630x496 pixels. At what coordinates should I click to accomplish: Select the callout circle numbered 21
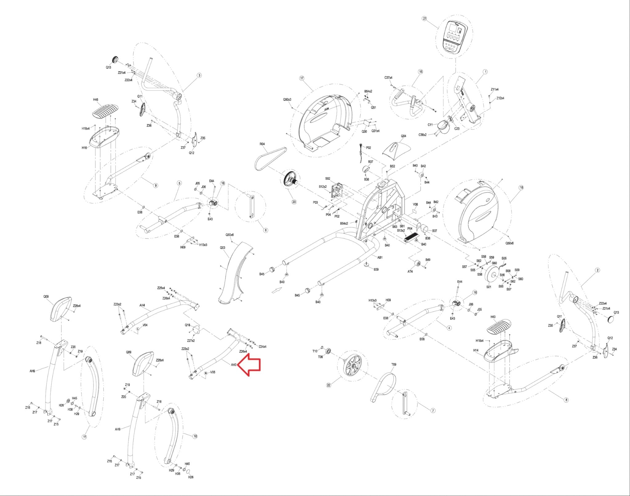(x=425, y=18)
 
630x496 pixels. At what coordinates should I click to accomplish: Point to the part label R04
(x=262, y=144)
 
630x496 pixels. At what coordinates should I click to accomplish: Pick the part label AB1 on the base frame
(x=380, y=257)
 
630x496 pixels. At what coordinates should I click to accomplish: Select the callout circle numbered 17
(x=301, y=78)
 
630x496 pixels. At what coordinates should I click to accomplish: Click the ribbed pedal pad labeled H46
(x=106, y=110)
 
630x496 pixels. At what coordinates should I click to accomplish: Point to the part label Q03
(x=222, y=247)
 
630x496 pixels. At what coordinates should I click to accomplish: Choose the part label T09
(x=394, y=365)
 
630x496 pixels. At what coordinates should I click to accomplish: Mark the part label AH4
(x=142, y=305)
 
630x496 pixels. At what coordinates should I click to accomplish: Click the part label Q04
(x=404, y=136)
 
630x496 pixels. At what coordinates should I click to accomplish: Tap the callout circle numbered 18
(x=521, y=187)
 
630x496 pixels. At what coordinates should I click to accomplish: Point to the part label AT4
(x=410, y=271)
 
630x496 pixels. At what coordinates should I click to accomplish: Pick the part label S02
(x=328, y=178)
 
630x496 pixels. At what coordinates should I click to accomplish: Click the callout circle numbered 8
(x=566, y=400)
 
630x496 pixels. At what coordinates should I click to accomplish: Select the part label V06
(x=415, y=204)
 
